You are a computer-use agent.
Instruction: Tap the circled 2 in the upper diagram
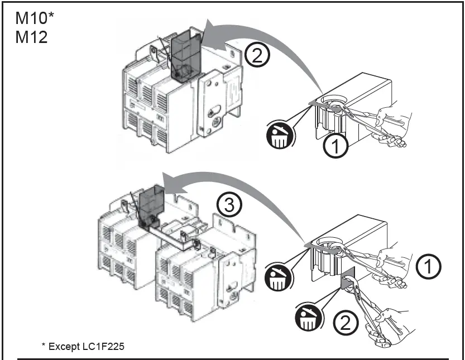pyautogui.click(x=258, y=56)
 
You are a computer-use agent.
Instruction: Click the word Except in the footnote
pyautogui.click(x=64, y=346)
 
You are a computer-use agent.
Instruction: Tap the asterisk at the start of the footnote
pyautogui.click(x=44, y=345)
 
